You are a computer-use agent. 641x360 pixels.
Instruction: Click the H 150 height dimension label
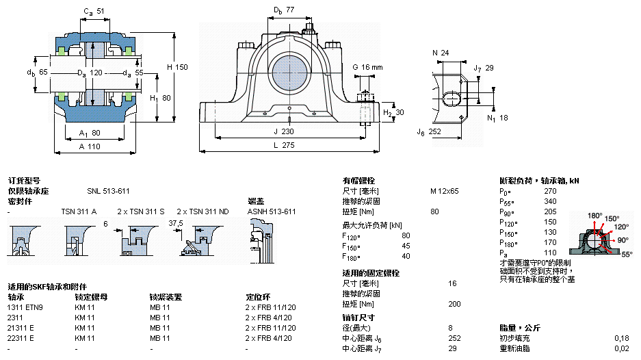pyautogui.click(x=176, y=67)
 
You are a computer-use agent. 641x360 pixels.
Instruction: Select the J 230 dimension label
pyautogui.click(x=285, y=131)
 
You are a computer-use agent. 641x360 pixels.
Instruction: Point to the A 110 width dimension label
pyautogui.click(x=90, y=145)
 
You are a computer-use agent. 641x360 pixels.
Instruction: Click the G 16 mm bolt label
pyautogui.click(x=367, y=67)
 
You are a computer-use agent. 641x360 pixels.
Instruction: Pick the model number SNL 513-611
pyautogui.click(x=108, y=191)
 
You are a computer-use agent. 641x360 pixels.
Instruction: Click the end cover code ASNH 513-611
pyautogui.click(x=272, y=211)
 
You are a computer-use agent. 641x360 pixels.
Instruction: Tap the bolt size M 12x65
pyautogui.click(x=445, y=191)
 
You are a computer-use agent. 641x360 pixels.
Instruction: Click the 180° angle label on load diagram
pyautogui.click(x=594, y=216)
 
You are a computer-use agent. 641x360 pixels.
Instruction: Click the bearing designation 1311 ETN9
pyautogui.click(x=25, y=307)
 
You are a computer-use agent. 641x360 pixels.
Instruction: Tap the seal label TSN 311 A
pyautogui.click(x=79, y=211)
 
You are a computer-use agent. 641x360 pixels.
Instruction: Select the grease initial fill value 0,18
pyautogui.click(x=621, y=338)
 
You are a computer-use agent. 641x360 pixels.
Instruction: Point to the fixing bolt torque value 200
pyautogui.click(x=454, y=304)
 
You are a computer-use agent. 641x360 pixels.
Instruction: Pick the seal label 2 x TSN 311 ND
pyautogui.click(x=202, y=211)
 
